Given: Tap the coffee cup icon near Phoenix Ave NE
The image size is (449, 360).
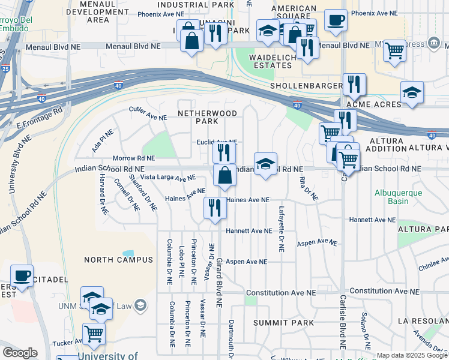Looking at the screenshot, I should pyautogui.click(x=335, y=19).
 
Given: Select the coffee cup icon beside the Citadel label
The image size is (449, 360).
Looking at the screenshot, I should pyautogui.click(x=22, y=275).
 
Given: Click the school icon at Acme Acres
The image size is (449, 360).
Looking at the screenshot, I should pyautogui.click(x=412, y=93).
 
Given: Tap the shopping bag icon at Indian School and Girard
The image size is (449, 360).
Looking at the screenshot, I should pyautogui.click(x=224, y=176).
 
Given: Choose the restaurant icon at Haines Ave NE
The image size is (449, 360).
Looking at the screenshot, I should pyautogui.click(x=215, y=208).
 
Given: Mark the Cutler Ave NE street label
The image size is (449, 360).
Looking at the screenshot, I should pyautogui.click(x=148, y=110).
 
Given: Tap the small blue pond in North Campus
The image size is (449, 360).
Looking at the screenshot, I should pyautogui.click(x=128, y=254).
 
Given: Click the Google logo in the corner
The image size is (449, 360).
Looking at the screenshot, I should pyautogui.click(x=19, y=353).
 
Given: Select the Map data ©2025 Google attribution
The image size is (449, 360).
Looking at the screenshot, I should pyautogui.click(x=412, y=356).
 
